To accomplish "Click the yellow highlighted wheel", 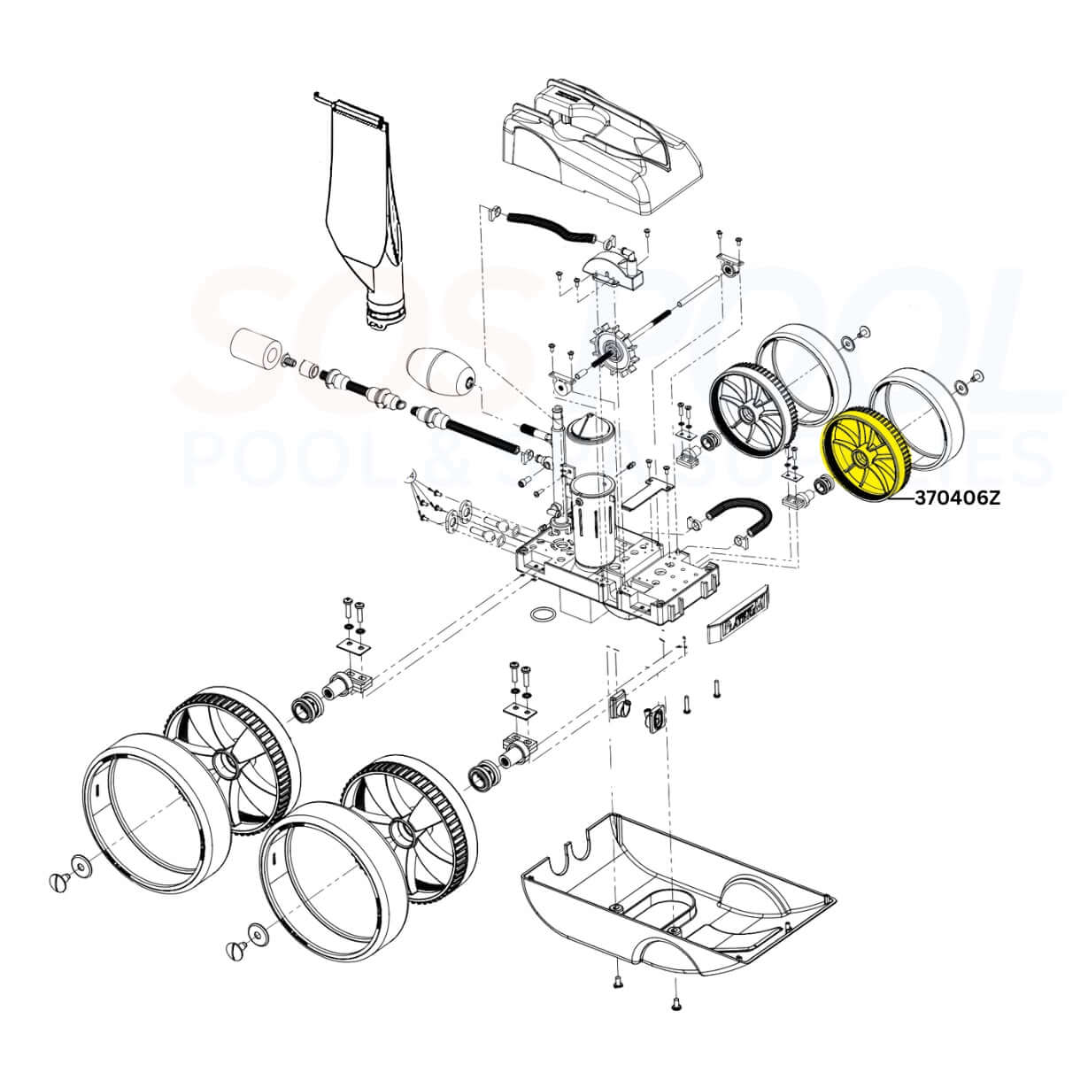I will point(867,459).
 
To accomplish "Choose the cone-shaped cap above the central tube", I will point(588,428).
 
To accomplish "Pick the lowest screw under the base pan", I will point(676,1002).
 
